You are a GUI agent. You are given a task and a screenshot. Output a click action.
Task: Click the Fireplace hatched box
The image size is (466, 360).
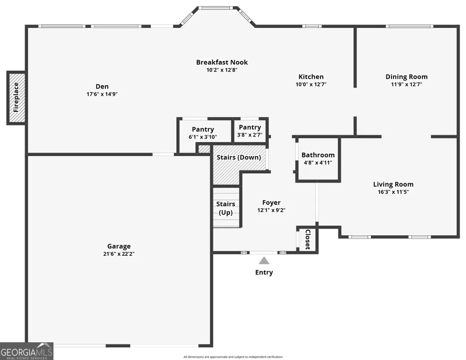(x=16, y=97)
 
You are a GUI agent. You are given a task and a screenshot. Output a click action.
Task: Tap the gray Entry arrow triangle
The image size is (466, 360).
(x=264, y=261)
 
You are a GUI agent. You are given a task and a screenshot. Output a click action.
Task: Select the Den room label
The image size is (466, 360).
(x=102, y=86)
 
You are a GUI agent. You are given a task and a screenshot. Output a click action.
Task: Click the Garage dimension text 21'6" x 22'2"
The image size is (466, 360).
(x=119, y=254)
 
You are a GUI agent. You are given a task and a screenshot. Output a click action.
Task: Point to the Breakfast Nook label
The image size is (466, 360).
(x=222, y=62)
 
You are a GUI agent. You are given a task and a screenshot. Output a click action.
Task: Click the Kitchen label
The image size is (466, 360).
(x=311, y=77)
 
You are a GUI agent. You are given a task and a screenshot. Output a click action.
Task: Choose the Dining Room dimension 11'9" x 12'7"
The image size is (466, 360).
(x=406, y=84)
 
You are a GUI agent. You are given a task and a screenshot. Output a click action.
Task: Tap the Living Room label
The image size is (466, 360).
(x=393, y=184)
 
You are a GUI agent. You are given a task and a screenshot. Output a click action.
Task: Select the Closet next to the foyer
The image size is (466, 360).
(x=308, y=239)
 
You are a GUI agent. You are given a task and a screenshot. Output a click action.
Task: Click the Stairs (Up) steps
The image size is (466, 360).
(x=226, y=207)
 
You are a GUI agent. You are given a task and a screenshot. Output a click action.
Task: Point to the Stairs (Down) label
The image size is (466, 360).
(x=239, y=157)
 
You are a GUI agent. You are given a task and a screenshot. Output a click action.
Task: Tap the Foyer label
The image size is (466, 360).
(x=271, y=203)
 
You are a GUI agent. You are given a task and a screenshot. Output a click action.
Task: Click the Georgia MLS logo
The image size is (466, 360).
(x=26, y=351)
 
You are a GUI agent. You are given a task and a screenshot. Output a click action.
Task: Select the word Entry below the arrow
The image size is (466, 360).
(x=264, y=272)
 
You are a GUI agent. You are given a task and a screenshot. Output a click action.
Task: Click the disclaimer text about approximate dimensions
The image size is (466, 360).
(x=233, y=357)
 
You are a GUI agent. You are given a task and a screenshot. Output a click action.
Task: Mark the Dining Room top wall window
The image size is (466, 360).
(x=410, y=26)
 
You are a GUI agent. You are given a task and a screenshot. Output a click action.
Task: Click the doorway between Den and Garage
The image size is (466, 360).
(x=164, y=154)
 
